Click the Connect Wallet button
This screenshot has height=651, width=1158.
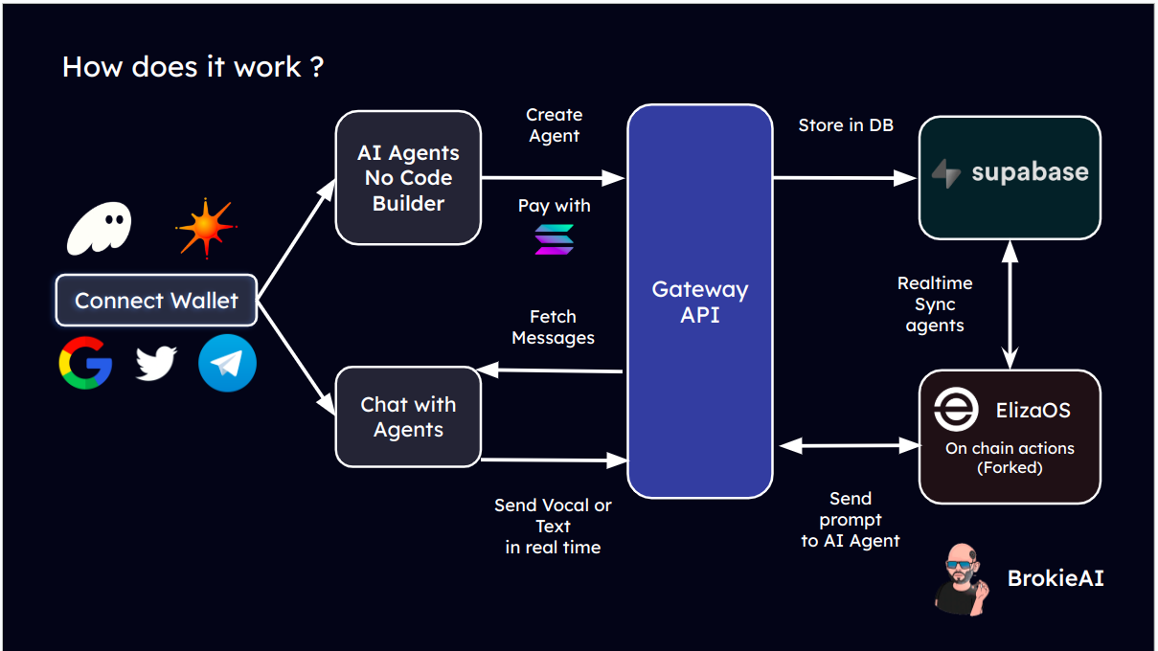(156, 301)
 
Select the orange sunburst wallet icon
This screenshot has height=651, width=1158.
(205, 229)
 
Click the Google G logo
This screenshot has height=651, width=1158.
(85, 364)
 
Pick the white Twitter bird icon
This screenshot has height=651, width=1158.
(156, 364)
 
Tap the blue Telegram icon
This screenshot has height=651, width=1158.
(227, 364)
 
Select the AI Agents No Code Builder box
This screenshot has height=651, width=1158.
(408, 178)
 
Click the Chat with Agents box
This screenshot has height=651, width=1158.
(408, 417)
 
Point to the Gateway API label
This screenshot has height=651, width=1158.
(699, 302)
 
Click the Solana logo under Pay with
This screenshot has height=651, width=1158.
(554, 239)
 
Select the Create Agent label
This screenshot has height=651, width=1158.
(554, 125)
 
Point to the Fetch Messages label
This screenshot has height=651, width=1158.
(553, 326)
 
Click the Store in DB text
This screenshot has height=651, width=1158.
(846, 125)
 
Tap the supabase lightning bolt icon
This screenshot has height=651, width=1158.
(946, 173)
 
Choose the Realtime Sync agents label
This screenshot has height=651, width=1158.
(935, 304)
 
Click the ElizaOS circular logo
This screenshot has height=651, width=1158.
(957, 410)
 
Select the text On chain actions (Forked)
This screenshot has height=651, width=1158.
(1010, 458)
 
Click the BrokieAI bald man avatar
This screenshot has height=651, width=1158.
(961, 578)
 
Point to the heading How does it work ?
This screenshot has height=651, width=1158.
(193, 67)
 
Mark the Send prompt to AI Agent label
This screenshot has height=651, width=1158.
(851, 520)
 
